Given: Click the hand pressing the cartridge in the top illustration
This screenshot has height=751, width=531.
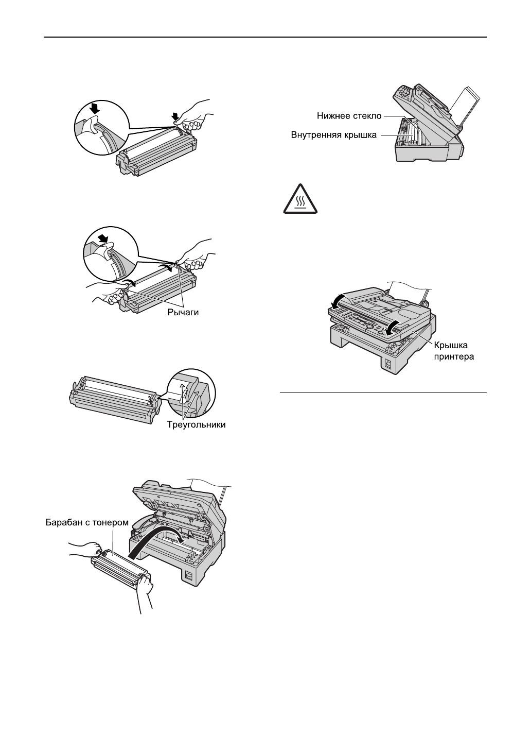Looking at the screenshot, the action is (x=194, y=114).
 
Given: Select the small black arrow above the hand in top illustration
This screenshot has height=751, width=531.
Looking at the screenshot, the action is (x=176, y=114).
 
